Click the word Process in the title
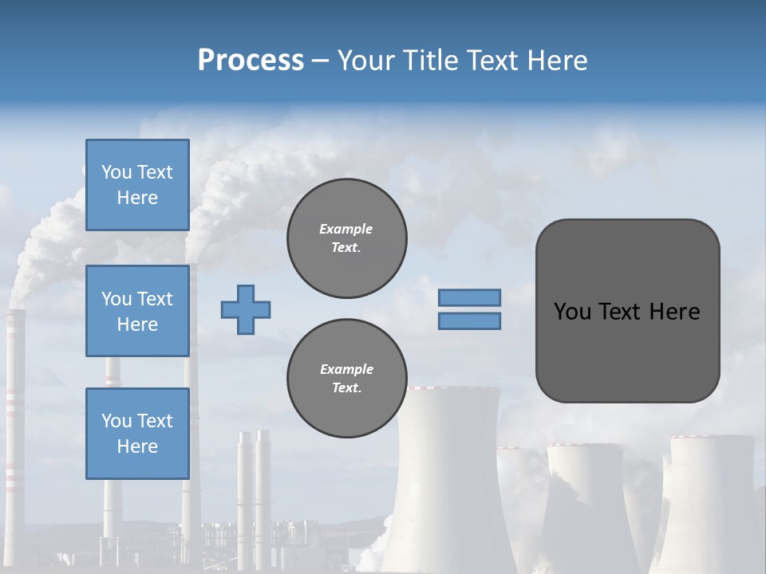(x=251, y=60)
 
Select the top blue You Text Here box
(x=137, y=185)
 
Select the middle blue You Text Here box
(x=137, y=311)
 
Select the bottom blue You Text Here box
(x=137, y=433)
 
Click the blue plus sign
(x=246, y=309)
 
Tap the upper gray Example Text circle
(x=346, y=238)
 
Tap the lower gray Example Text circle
(x=346, y=379)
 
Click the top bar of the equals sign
(x=470, y=297)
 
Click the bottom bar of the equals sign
(x=470, y=320)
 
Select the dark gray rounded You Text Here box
(x=627, y=311)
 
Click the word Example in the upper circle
(x=346, y=229)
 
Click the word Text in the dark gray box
(x=620, y=312)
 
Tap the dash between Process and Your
(x=321, y=61)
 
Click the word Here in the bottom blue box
(x=137, y=446)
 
